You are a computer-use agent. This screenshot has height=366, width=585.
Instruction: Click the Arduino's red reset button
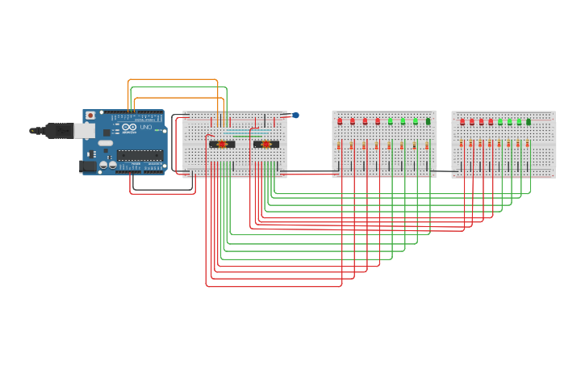tap(90, 116)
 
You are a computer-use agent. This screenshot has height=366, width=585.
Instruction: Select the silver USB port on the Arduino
tap(85, 130)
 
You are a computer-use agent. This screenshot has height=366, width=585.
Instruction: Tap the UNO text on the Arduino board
tap(146, 127)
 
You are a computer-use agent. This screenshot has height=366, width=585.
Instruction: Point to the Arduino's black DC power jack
tap(88, 166)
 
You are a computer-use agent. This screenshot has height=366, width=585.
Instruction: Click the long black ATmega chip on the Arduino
tap(140, 154)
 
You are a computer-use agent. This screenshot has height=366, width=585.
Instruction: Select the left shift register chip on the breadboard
tap(222, 145)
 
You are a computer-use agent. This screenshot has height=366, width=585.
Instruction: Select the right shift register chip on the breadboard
tap(266, 145)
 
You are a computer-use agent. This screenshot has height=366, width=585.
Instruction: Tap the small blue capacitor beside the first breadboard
tap(296, 116)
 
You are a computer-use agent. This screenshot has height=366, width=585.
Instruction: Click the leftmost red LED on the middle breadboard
tap(340, 121)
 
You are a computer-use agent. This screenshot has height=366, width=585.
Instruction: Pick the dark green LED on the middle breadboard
tap(428, 121)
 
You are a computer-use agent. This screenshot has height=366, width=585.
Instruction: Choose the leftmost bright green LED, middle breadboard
tap(391, 121)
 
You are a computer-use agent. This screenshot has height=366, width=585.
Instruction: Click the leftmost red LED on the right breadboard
tap(462, 122)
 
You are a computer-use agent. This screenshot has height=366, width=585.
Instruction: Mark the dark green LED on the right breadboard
tap(529, 122)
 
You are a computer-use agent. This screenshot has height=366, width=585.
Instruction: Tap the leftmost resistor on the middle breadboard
tap(339, 146)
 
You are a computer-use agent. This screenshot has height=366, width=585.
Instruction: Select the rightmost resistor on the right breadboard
tap(528, 144)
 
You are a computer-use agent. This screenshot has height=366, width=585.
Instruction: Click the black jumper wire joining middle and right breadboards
tap(444, 170)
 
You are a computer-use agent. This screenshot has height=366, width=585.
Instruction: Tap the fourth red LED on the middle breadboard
tap(378, 121)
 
